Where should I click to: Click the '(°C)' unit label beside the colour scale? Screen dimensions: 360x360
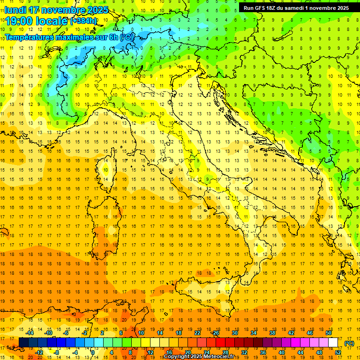pos(349,343)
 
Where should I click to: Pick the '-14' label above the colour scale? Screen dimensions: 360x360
pos(30,333)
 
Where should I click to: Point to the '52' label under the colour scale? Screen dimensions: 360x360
pos(337,352)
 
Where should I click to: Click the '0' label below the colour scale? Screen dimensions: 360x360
pos(92,352)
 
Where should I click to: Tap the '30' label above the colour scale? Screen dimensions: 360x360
pos(234,333)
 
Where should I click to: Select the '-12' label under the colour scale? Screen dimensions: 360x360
pos(39,352)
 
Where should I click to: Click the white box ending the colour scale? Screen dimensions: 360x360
pos(333,343)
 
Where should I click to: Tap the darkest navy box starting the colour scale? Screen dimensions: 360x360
pos(23,343)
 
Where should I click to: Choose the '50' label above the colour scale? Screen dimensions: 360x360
pos(329,333)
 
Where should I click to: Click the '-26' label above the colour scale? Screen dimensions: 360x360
pos(215,333)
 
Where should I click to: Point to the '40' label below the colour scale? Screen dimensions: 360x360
pos(281,352)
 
